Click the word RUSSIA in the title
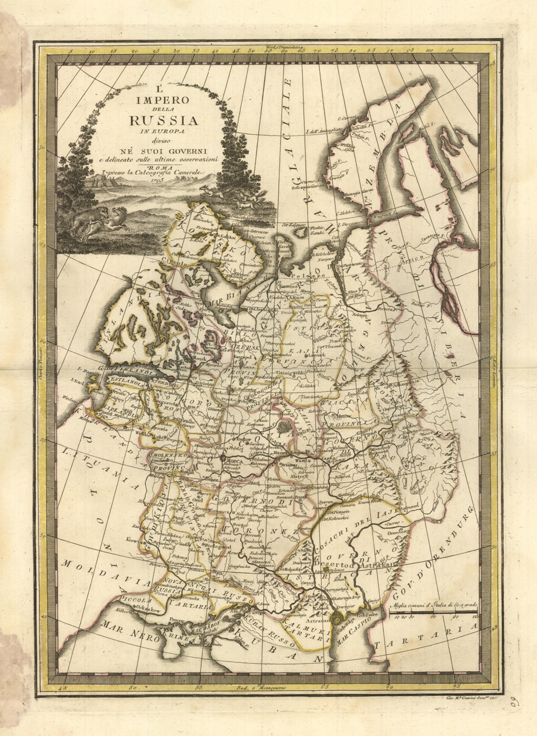164,120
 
